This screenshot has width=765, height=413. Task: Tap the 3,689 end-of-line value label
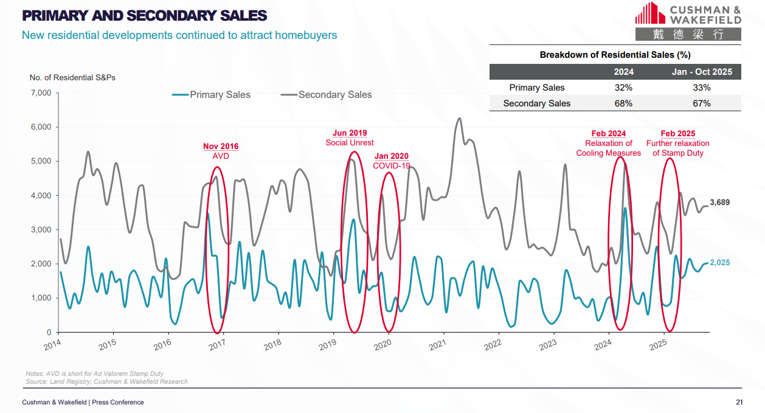pyautogui.click(x=720, y=202)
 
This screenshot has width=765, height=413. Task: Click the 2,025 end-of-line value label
pyautogui.click(x=720, y=263)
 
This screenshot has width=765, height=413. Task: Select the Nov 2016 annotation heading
pyautogui.click(x=221, y=146)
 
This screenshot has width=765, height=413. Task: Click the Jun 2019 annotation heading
pyautogui.click(x=350, y=133)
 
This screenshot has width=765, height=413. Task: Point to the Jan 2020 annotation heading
pyautogui.click(x=392, y=156)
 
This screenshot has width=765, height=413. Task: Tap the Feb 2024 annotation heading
pyautogui.click(x=608, y=134)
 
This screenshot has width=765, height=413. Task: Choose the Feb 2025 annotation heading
pyautogui.click(x=677, y=134)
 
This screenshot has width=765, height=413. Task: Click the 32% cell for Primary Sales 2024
pyautogui.click(x=623, y=88)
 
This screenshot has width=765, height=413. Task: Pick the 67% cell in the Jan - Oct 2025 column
pyautogui.click(x=701, y=103)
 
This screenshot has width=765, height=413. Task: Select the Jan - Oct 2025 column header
pyautogui.click(x=701, y=72)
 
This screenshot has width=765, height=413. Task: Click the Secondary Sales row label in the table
pyautogui.click(x=536, y=103)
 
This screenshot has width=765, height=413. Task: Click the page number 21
pyautogui.click(x=739, y=402)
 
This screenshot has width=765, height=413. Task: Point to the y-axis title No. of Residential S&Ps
pyautogui.click(x=72, y=78)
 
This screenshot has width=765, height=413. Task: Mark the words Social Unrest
pyautogui.click(x=350, y=143)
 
